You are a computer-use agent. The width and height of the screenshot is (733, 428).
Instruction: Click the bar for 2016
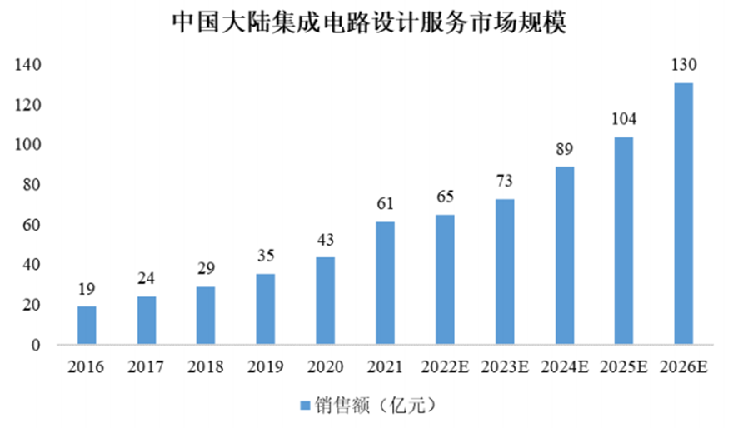pyautogui.click(x=87, y=326)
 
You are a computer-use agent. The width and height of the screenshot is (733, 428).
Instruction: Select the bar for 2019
pyautogui.click(x=266, y=309)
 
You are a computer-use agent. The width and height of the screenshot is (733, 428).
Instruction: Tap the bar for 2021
pyautogui.click(x=385, y=283)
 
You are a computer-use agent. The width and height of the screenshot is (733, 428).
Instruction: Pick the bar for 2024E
pyautogui.click(x=564, y=256)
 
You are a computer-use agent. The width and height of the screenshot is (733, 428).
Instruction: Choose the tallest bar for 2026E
pyautogui.click(x=683, y=213)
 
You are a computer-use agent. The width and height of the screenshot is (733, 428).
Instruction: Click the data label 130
pyautogui.click(x=683, y=65)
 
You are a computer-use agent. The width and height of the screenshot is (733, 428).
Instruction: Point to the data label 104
pyautogui.click(x=624, y=118)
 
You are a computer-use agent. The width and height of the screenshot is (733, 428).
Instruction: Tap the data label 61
pyautogui.click(x=385, y=203)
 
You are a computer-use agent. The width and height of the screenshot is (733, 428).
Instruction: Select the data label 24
pyautogui.click(x=147, y=278)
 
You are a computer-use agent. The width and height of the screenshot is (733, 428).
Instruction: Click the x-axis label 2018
pyautogui.click(x=206, y=366)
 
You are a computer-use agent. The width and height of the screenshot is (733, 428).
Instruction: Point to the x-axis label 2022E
pyautogui.click(x=445, y=366)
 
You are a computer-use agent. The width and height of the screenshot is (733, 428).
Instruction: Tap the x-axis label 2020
pyautogui.click(x=325, y=366)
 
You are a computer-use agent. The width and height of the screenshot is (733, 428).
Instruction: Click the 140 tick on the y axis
pyautogui.click(x=27, y=65)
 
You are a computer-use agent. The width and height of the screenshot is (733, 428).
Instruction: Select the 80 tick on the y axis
pyautogui.click(x=31, y=185)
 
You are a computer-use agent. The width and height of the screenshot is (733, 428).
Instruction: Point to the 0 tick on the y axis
pyautogui.click(x=35, y=345)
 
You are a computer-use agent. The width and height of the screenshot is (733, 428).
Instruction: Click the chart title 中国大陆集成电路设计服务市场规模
pyautogui.click(x=369, y=22)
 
